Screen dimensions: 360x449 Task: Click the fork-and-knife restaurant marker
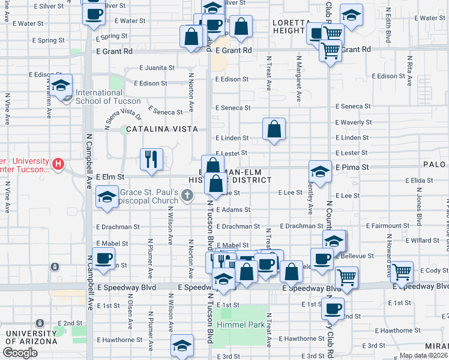pos(151,160)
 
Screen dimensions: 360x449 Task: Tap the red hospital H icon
pos(58,163)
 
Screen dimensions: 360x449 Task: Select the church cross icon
pos(188,195)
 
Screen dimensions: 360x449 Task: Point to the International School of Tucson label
pos(99,97)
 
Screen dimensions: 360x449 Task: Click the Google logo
pos(20,352)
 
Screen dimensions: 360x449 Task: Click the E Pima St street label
pos(352,167)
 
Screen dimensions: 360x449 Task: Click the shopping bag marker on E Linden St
pos(274,129)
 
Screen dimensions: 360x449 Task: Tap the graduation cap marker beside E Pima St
pos(321,172)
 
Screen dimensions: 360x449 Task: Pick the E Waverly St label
pos(354,122)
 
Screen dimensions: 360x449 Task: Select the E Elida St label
pos(420,180)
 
